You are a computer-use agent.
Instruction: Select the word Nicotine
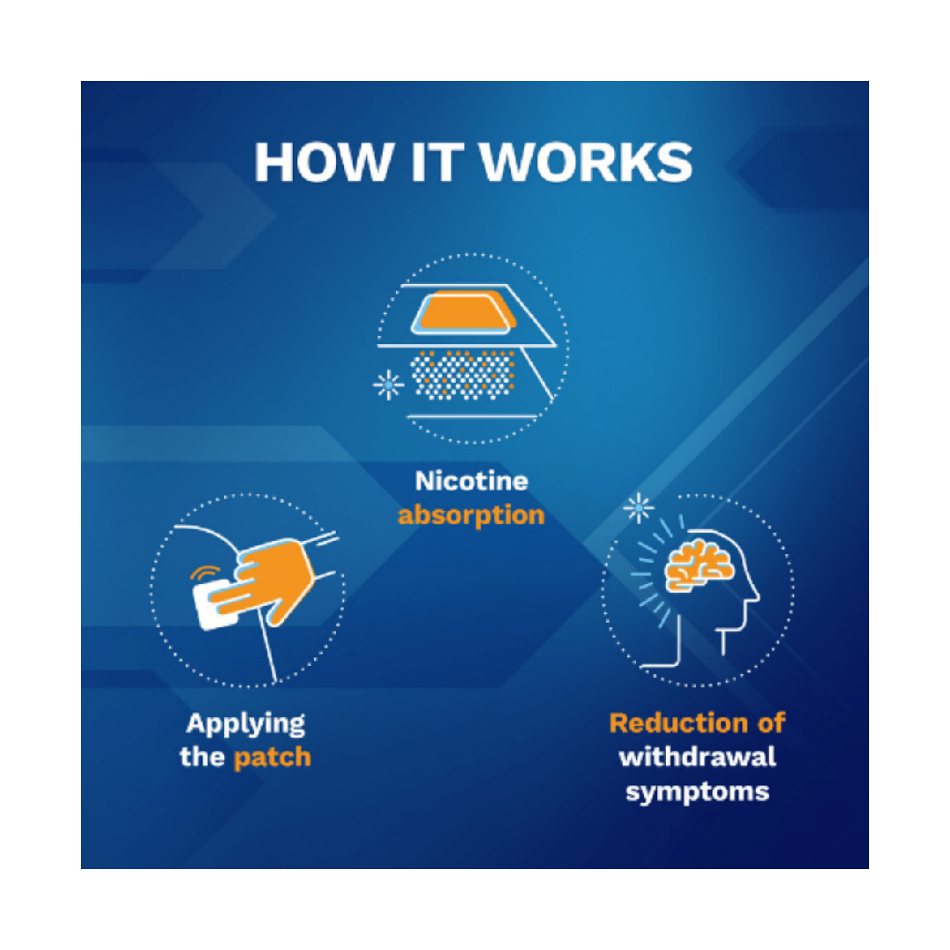471,482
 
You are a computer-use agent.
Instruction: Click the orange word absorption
471,515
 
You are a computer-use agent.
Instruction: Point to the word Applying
245,725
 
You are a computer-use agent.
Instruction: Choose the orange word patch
272,757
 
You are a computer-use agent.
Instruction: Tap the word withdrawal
698,756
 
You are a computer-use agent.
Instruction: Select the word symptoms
698,790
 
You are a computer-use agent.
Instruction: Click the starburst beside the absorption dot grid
388,384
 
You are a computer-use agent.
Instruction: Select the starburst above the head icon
639,508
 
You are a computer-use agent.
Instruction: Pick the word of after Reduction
768,723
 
